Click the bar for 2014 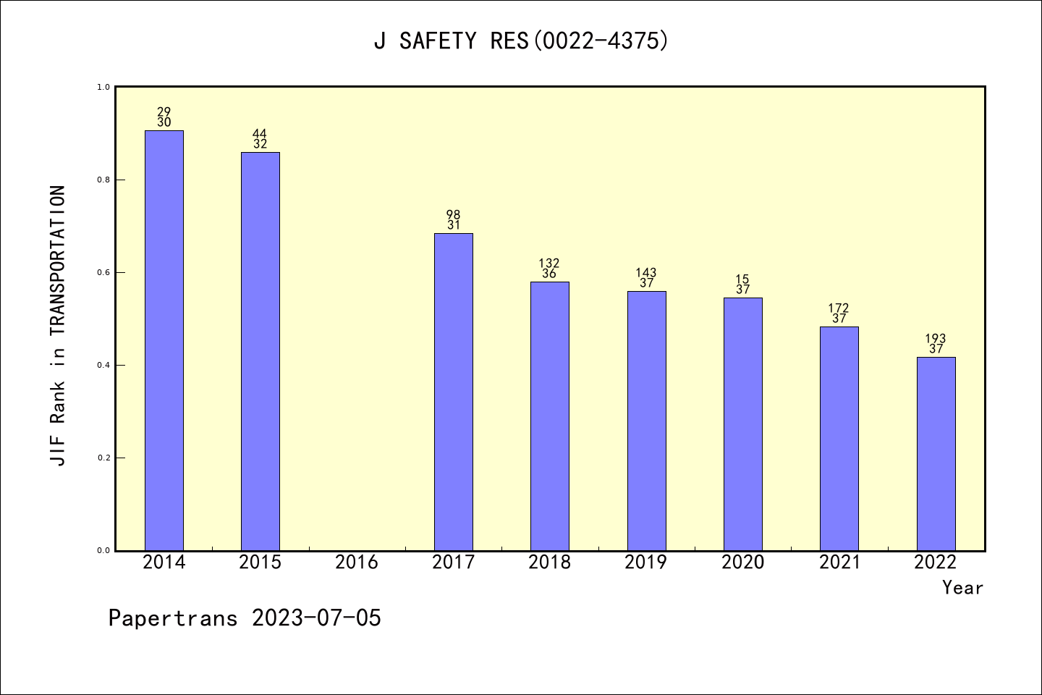pyautogui.click(x=164, y=340)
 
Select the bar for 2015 pyautogui.click(x=260, y=351)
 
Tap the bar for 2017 pyautogui.click(x=454, y=392)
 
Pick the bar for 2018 pyautogui.click(x=550, y=416)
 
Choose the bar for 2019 pyautogui.click(x=646, y=421)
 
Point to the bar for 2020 pyautogui.click(x=743, y=424)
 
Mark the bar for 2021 pyautogui.click(x=839, y=439)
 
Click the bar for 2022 pyautogui.click(x=936, y=454)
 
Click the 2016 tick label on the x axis pyautogui.click(x=357, y=563)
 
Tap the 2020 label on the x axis pyautogui.click(x=743, y=563)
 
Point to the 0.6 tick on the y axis pyautogui.click(x=103, y=273)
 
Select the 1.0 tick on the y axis pyautogui.click(x=103, y=88)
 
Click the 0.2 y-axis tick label pyautogui.click(x=103, y=458)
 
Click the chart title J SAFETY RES pyautogui.click(x=521, y=41)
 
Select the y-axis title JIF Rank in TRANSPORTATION pyautogui.click(x=58, y=326)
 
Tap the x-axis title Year pyautogui.click(x=962, y=588)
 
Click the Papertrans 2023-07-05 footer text pyautogui.click(x=245, y=618)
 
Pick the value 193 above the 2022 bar pyautogui.click(x=936, y=338)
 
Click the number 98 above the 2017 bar pyautogui.click(x=454, y=214)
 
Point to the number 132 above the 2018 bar pyautogui.click(x=549, y=263)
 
